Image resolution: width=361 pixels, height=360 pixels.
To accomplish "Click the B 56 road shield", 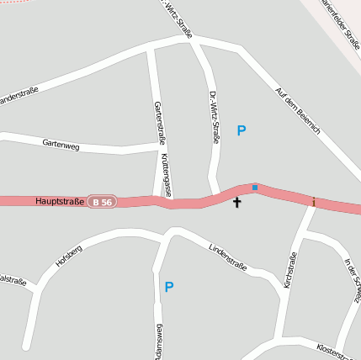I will [103, 202].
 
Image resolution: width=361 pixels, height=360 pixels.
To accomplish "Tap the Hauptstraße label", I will [60, 202].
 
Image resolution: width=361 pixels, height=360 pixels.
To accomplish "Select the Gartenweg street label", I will [61, 144].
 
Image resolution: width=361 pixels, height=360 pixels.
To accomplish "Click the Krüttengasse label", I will [166, 175].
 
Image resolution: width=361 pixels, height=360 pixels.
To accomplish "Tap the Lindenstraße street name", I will [227, 255].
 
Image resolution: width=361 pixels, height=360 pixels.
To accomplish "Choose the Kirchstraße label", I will [290, 271].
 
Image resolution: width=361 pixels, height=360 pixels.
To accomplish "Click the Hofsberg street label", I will [69, 256].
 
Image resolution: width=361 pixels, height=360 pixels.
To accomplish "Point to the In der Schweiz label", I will [353, 280].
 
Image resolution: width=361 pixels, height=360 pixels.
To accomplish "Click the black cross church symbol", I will [236, 202].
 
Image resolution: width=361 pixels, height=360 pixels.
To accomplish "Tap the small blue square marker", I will [255, 187].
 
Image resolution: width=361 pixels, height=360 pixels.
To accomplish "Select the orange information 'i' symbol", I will [313, 202].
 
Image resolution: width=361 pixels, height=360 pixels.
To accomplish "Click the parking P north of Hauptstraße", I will [242, 131].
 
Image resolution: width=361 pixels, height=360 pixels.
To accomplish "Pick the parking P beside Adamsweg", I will [169, 287].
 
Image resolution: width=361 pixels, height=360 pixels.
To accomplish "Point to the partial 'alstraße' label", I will [13, 281].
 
